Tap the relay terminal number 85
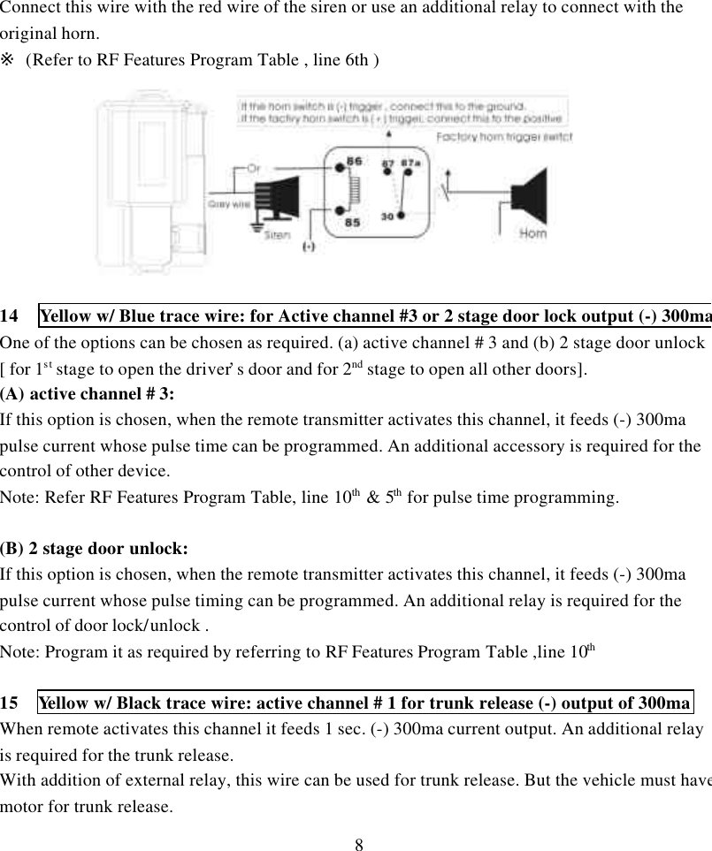(351, 223)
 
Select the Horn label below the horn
(532, 234)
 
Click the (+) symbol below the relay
(309, 247)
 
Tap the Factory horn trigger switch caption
(504, 137)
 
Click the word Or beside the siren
(254, 169)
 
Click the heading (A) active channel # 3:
(88, 393)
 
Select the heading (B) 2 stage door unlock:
(94, 548)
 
